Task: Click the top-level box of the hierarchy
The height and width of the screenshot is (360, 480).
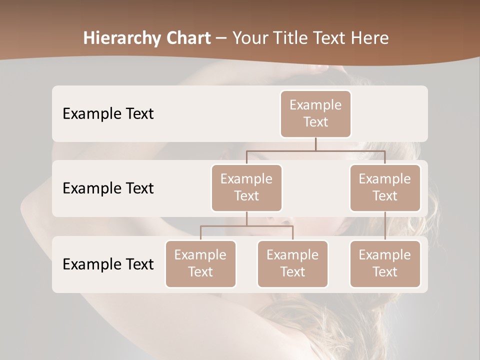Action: [315, 114]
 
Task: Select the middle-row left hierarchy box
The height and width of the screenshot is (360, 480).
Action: [246, 188]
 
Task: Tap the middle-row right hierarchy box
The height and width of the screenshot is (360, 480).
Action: [385, 188]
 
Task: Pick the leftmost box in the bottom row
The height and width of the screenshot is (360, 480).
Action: [200, 264]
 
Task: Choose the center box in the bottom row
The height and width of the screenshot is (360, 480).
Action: [292, 264]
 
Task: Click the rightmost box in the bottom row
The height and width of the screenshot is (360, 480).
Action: [385, 264]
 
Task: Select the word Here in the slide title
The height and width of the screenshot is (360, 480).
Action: [370, 38]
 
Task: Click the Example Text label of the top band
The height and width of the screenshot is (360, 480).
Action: [108, 114]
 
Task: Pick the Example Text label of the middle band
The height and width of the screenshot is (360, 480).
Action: [108, 188]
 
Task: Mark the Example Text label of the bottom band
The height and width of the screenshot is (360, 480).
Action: [108, 264]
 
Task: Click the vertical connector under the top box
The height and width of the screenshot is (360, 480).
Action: [315, 144]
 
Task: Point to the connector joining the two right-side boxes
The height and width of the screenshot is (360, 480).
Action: [385, 226]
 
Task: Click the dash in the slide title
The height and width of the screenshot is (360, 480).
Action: [221, 38]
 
